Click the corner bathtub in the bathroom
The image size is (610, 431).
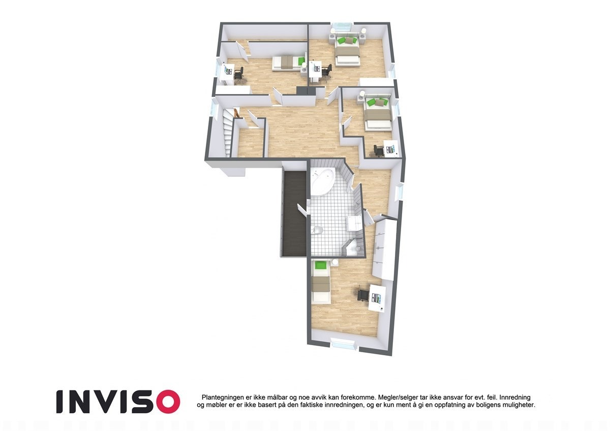(322, 182)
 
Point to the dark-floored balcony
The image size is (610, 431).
(293, 213)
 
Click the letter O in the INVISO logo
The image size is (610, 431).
(167, 402)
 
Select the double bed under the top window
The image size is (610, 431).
(347, 51)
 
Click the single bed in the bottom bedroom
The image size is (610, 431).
(320, 282)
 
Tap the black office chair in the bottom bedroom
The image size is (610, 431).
(362, 295)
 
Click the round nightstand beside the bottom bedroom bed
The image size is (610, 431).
(334, 263)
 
